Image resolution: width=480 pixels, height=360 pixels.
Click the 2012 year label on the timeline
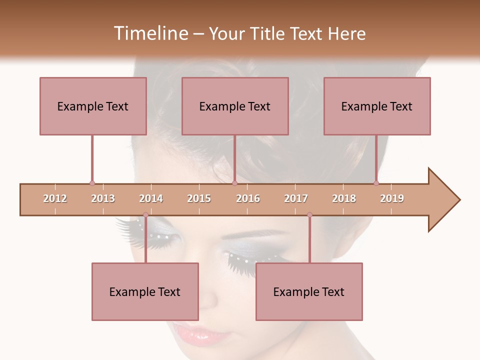tap(55, 198)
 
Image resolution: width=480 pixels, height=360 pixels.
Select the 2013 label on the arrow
tap(103, 198)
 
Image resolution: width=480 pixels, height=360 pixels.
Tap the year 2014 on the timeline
tap(151, 198)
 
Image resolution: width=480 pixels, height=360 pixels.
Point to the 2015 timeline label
tap(199, 198)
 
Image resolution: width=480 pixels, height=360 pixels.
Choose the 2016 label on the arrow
tap(248, 198)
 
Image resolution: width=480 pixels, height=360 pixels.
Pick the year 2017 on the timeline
tap(296, 198)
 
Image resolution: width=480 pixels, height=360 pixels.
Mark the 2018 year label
tap(344, 198)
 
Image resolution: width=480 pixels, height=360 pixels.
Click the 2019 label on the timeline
tap(392, 198)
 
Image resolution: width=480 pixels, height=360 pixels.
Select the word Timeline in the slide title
tap(150, 33)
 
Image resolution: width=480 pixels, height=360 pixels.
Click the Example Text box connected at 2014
tap(145, 291)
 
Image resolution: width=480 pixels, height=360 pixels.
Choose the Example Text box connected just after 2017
tap(309, 291)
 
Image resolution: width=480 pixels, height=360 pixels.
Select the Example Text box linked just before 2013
tap(93, 106)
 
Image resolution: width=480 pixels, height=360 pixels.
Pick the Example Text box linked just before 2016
tap(235, 106)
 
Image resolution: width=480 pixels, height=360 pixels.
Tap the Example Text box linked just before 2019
tap(377, 106)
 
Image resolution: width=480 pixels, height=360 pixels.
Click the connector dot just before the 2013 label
tap(92, 183)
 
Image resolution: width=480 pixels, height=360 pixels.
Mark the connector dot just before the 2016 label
tap(234, 183)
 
